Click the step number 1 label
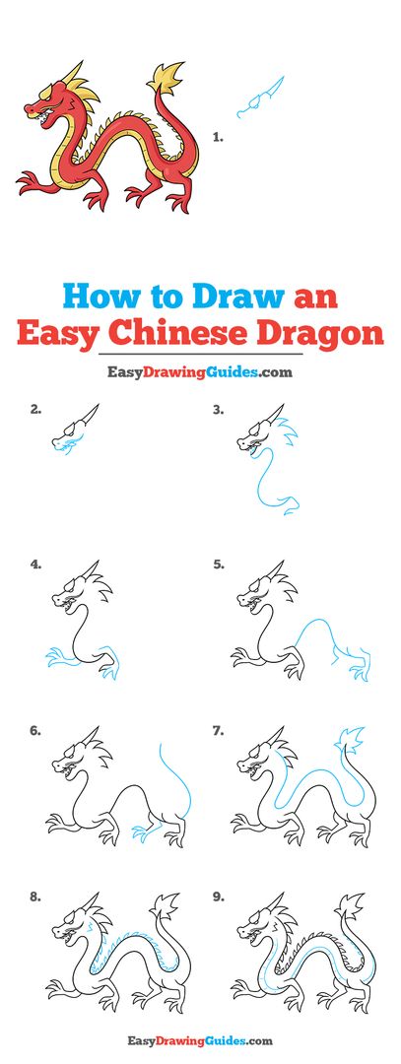(x=218, y=137)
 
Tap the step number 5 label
(x=218, y=564)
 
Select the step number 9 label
(x=218, y=897)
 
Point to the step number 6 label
(x=35, y=731)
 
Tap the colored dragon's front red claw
(x=33, y=182)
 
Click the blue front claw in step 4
(x=60, y=657)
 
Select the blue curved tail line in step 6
(x=177, y=779)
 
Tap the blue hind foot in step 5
(x=360, y=668)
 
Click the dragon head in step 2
(x=75, y=430)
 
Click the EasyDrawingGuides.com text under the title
(x=199, y=371)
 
